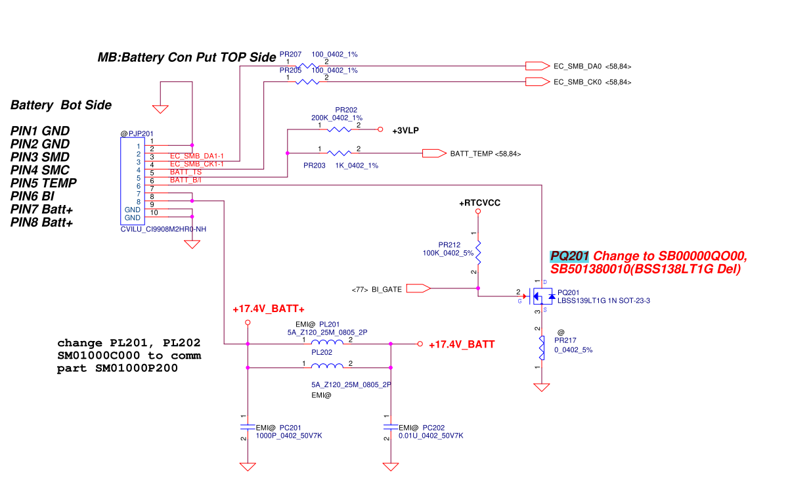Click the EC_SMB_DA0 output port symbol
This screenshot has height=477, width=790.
pyautogui.click(x=537, y=66)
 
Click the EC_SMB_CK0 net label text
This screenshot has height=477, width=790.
pyautogui.click(x=578, y=82)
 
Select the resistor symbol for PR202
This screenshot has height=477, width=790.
pyautogui.click(x=340, y=130)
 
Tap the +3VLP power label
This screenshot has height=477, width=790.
pyautogui.click(x=405, y=131)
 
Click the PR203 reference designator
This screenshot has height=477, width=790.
pyautogui.click(x=315, y=166)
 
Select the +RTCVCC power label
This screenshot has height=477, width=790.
pyautogui.click(x=479, y=203)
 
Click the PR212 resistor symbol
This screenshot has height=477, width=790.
pyautogui.click(x=478, y=252)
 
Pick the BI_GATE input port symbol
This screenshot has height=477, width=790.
pyautogui.click(x=418, y=288)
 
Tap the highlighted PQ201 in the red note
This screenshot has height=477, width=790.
pyautogui.click(x=569, y=256)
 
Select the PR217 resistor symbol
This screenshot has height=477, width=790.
pyautogui.click(x=542, y=348)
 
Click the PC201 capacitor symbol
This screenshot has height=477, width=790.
pyautogui.click(x=248, y=427)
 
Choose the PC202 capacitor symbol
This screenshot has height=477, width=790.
pyautogui.click(x=391, y=427)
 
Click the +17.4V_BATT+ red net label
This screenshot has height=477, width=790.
pyautogui.click(x=269, y=309)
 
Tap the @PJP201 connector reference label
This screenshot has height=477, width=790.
pyautogui.click(x=137, y=134)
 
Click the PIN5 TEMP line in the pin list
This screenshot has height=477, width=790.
pyautogui.click(x=44, y=183)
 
